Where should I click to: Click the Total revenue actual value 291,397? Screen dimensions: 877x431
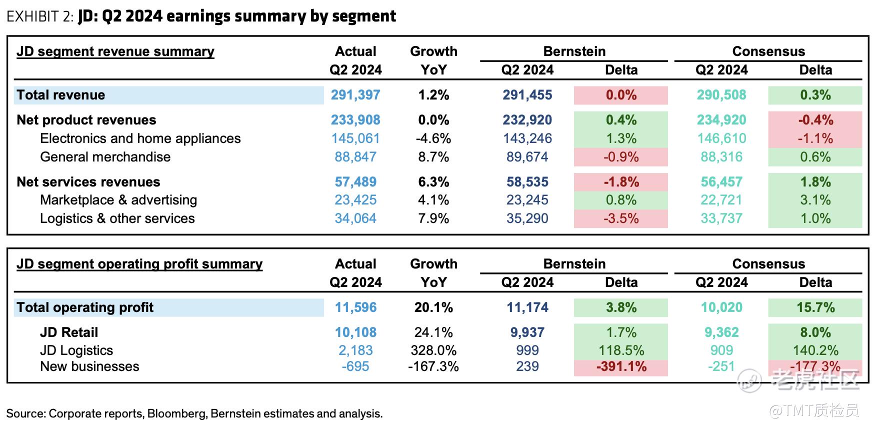[355, 95]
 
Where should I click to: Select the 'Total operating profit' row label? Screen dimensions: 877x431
[85, 307]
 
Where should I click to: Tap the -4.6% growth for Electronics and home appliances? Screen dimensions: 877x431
[433, 138]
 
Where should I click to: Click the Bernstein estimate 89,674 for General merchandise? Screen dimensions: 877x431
[527, 157]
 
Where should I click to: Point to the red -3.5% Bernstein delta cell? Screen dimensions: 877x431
[621, 218]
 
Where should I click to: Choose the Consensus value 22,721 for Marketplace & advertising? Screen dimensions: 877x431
[721, 200]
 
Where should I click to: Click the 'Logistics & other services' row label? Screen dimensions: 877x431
[117, 218]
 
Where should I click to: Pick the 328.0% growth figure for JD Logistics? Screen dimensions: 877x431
[433, 350]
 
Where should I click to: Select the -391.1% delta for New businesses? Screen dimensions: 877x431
[621, 366]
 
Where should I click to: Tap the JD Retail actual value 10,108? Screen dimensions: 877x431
[355, 332]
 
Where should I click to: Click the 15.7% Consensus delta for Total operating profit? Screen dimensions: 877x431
[815, 307]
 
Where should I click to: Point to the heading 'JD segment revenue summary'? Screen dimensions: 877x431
[115, 51]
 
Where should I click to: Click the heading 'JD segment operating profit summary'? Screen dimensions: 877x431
[139, 264]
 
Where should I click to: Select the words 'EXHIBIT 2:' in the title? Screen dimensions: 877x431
[40, 16]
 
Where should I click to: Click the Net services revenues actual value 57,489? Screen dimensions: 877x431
[355, 182]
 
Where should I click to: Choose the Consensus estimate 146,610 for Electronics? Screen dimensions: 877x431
[721, 138]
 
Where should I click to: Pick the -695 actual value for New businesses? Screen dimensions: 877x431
[355, 366]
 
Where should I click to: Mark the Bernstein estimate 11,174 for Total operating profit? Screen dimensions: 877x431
[527, 307]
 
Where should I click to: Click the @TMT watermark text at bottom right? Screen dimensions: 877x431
[813, 411]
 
